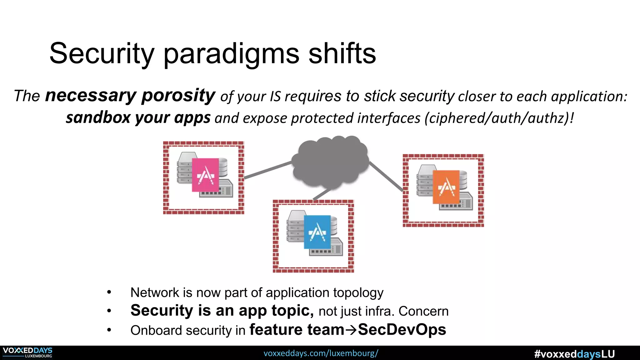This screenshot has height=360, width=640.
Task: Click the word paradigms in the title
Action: (231, 54)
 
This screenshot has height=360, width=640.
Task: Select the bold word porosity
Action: (178, 95)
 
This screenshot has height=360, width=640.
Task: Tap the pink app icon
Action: (205, 175)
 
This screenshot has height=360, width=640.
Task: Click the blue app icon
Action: (317, 232)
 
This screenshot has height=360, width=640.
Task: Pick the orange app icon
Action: (446, 187)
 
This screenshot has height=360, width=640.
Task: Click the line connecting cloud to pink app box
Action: (267, 170)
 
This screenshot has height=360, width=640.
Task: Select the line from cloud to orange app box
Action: (386, 176)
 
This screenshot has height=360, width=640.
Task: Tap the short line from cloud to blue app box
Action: (322, 194)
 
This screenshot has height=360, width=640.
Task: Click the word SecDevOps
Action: (402, 330)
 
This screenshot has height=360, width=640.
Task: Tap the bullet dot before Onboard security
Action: (109, 330)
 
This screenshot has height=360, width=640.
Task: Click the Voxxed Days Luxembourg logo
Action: (27, 352)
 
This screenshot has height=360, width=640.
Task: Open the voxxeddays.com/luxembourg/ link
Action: (321, 353)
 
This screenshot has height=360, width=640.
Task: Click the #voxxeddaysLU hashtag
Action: (574, 354)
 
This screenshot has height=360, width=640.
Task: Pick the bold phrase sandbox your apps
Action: (138, 118)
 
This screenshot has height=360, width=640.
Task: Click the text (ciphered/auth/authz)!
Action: (499, 118)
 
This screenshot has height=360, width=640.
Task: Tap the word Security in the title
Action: (102, 54)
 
